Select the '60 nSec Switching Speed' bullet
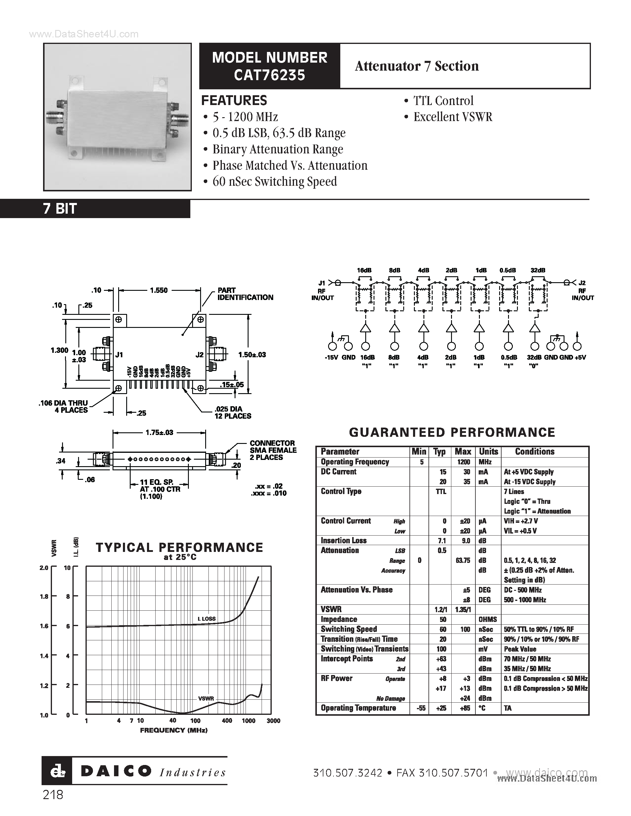click(x=274, y=182)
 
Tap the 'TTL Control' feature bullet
click(x=443, y=101)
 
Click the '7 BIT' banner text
click(x=60, y=209)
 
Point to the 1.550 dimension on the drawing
click(x=159, y=290)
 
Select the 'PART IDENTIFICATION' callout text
click(x=245, y=294)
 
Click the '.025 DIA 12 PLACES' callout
click(x=233, y=412)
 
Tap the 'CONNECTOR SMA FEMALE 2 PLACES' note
click(x=273, y=450)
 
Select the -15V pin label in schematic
click(x=331, y=357)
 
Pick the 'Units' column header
click(x=488, y=451)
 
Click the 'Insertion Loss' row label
click(x=344, y=541)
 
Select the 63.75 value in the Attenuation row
click(x=463, y=561)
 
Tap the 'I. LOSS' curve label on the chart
click(x=206, y=619)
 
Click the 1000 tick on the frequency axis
click(x=248, y=721)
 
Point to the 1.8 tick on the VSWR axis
click(x=44, y=597)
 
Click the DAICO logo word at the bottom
click(x=116, y=771)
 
